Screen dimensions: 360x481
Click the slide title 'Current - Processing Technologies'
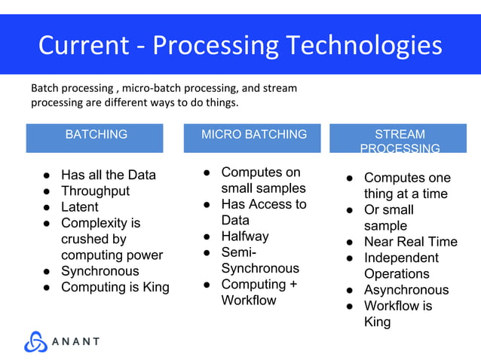click(x=240, y=45)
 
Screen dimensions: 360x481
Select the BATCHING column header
click(x=96, y=135)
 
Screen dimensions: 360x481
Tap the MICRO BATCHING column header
click(x=254, y=135)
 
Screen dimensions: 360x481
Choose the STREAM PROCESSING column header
click(x=400, y=141)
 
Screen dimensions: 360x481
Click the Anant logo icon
click(x=35, y=341)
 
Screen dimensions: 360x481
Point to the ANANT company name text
click(x=75, y=341)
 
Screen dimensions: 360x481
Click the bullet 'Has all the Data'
click(x=108, y=175)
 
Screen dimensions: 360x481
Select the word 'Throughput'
click(x=95, y=191)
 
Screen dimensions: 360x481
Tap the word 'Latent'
click(x=79, y=207)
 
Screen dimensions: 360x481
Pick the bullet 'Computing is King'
click(x=115, y=287)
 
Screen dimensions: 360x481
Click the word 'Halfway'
click(x=244, y=236)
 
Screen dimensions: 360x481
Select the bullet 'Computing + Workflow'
click(x=253, y=292)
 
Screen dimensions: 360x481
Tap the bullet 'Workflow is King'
click(x=398, y=314)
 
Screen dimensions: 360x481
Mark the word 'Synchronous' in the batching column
click(x=100, y=271)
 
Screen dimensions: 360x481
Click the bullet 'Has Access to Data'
click(x=263, y=212)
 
